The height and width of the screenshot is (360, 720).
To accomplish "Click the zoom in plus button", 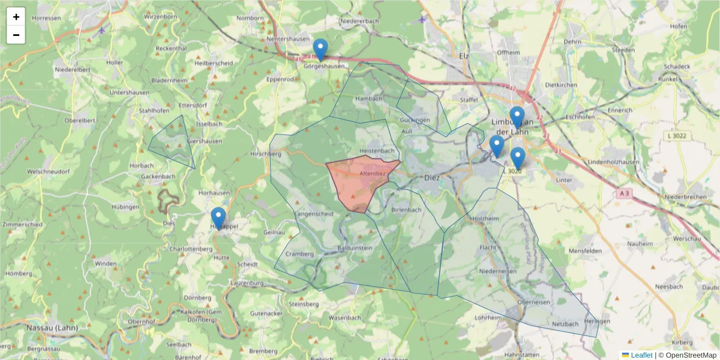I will coord(16,17).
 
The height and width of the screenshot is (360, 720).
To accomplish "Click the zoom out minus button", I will coord(16,35).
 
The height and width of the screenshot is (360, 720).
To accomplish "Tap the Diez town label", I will coord(431,178).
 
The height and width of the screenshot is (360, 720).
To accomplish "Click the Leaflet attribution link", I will coord(641,355).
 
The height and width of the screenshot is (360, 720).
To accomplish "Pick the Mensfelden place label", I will coord(584,250).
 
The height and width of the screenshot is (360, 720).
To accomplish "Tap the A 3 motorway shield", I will coord(625,193).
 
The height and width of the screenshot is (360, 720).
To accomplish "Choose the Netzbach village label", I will coord(565,324).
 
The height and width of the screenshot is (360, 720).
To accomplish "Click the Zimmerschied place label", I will coord(22,224).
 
